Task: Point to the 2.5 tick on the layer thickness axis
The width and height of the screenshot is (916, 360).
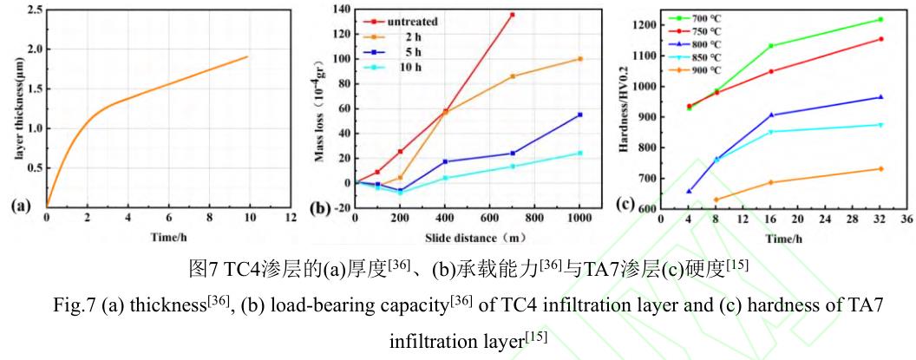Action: [x=35, y=10]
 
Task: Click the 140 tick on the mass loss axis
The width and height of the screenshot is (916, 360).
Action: [x=341, y=10]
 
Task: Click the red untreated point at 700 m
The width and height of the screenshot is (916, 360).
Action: [x=513, y=15]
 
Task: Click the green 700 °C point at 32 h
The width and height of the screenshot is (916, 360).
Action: [x=880, y=19]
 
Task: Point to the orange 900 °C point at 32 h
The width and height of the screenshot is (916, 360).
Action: [x=880, y=168]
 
